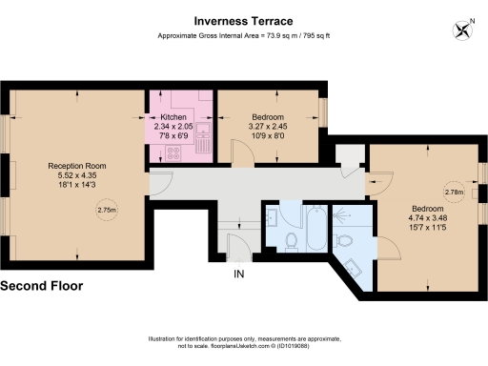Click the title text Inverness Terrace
tap(243, 20)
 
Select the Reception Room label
tap(76, 166)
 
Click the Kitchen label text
tap(173, 116)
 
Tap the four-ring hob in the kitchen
tap(174, 153)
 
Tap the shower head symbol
tap(341, 216)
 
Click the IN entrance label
tap(240, 274)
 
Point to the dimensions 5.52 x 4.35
tap(76, 175)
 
